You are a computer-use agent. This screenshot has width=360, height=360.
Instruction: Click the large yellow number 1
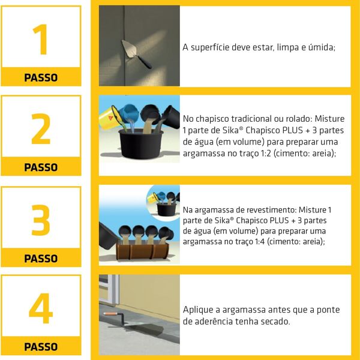point(40,40)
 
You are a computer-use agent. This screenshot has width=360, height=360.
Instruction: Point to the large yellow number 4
point(40,309)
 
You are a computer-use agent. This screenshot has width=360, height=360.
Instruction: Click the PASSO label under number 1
point(41,77)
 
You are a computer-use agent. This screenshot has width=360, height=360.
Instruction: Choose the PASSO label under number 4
point(41,347)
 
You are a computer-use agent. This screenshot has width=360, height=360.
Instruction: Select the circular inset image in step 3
point(163,202)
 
